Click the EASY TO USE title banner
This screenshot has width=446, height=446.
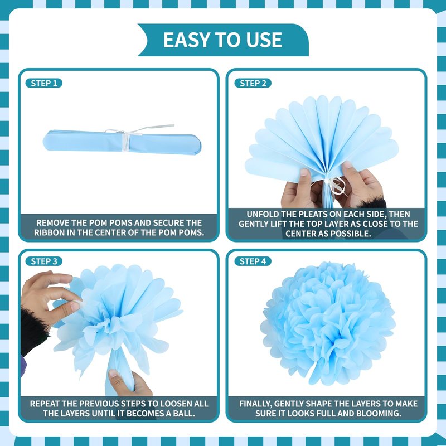(x=223, y=40)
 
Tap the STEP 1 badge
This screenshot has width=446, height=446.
(x=44, y=83)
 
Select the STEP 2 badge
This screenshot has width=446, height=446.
(x=253, y=83)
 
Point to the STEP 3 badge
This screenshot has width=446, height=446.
(x=44, y=261)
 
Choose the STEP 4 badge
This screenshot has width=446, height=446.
(x=253, y=261)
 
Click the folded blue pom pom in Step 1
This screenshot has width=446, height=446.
(x=122, y=142)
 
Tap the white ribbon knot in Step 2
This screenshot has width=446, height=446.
(x=334, y=186)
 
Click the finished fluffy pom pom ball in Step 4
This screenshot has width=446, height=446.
(x=328, y=323)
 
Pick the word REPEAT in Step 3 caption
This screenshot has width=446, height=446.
(x=45, y=404)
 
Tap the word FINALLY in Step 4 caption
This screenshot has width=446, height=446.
(x=256, y=404)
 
